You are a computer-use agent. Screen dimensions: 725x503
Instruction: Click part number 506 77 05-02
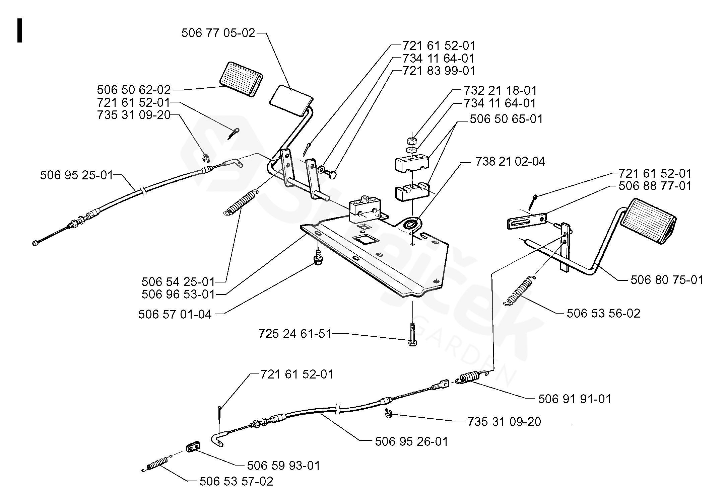(218, 33)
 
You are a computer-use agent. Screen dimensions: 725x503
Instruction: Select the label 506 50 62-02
(134, 90)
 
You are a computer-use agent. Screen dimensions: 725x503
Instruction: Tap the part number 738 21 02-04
(510, 162)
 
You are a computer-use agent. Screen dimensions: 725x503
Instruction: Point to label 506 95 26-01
(411, 441)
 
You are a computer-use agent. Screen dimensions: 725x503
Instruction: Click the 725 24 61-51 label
(295, 334)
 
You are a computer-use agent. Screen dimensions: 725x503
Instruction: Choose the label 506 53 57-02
(236, 481)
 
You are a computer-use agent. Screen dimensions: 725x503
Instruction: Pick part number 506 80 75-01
(667, 280)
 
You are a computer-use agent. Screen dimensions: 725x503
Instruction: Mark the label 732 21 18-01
(500, 90)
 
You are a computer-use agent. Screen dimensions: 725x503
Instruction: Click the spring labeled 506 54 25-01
(240, 203)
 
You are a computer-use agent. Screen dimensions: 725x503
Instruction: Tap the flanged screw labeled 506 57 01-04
(318, 257)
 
